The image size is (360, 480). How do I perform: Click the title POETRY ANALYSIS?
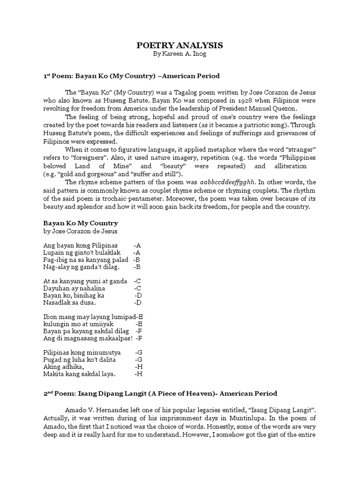click(x=180, y=45)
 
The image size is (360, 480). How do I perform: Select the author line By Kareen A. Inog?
click(x=180, y=54)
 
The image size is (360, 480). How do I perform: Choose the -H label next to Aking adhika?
click(x=138, y=367)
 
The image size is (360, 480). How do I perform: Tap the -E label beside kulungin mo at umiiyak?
click(x=139, y=324)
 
